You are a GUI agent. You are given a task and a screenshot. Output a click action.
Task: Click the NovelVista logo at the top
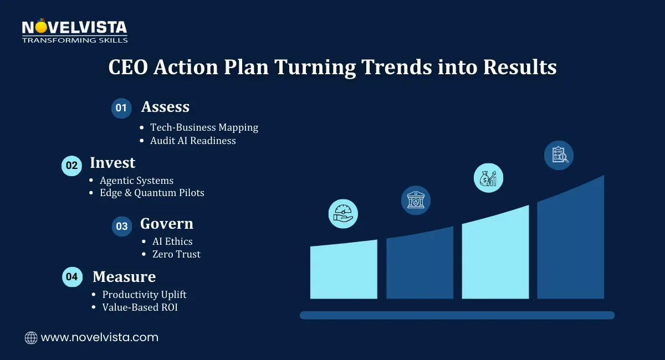tap(74, 31)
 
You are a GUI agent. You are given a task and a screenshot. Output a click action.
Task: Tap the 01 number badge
tap(121, 108)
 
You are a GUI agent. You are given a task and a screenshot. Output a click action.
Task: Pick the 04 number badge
tap(71, 276)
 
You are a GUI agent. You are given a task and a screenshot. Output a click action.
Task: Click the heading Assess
tap(165, 107)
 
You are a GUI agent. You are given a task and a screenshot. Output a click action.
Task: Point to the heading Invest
tap(112, 163)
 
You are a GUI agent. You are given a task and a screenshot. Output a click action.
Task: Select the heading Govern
tap(167, 224)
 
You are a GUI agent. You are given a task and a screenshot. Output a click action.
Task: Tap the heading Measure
tap(124, 276)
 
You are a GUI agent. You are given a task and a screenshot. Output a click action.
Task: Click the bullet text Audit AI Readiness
tap(193, 141)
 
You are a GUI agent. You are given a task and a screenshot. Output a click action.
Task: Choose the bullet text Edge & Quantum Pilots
tap(152, 193)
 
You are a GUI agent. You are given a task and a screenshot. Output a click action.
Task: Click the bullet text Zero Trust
tap(176, 254)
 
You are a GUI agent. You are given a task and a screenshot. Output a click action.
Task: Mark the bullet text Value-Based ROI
tap(140, 307)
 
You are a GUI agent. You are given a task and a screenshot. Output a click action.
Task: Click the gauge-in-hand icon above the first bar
tap(343, 214)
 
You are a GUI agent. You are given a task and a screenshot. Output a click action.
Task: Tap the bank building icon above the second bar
tap(416, 200)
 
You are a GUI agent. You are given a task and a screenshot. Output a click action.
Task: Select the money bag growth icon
tap(488, 178)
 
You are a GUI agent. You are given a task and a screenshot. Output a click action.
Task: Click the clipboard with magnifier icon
tap(559, 155)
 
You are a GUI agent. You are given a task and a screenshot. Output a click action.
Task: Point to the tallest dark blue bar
tap(570, 244)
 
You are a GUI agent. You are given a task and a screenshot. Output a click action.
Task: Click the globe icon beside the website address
tap(31, 337)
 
